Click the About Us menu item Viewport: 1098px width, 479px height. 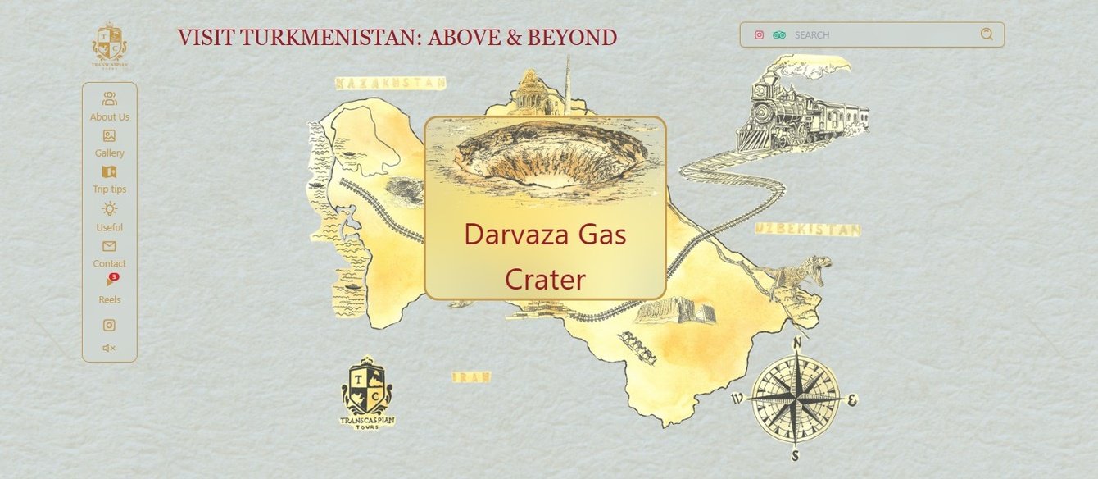[110, 107]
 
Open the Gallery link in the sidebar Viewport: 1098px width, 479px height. [109, 143]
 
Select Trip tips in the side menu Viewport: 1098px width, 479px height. [109, 179]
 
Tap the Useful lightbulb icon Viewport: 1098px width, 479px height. [109, 209]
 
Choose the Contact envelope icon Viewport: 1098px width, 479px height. [109, 246]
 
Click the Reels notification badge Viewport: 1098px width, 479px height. [114, 277]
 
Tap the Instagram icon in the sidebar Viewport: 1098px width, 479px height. [109, 325]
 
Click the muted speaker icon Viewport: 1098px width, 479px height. [109, 348]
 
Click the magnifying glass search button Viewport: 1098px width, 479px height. [987, 34]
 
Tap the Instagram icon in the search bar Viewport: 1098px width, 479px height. [760, 35]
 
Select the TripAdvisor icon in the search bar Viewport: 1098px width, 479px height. [779, 35]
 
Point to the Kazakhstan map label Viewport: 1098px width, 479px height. [391, 83]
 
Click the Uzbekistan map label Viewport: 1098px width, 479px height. [808, 230]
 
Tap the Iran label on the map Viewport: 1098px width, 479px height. [472, 377]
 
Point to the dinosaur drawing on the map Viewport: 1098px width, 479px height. [799, 275]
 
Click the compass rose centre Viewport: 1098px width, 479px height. [795, 399]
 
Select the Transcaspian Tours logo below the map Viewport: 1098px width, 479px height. [367, 394]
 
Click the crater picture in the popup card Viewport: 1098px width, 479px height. [545, 156]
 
